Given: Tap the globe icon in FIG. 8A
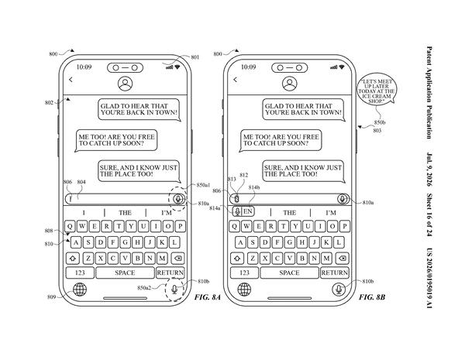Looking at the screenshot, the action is pyautogui.click(x=80, y=290).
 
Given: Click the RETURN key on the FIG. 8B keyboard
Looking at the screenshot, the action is pyautogui.click(x=334, y=273).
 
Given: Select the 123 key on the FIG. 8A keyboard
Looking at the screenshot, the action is pyautogui.click(x=80, y=273).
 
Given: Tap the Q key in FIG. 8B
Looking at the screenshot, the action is pyautogui.click(x=234, y=226).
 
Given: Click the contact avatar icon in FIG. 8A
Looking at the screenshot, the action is pyautogui.click(x=125, y=84).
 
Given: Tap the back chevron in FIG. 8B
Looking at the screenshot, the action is pyautogui.click(x=235, y=80).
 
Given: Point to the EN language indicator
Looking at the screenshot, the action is pyautogui.click(x=248, y=211).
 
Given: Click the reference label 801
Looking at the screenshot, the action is pyautogui.click(x=195, y=57).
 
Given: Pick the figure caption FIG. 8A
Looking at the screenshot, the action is pyautogui.click(x=208, y=297).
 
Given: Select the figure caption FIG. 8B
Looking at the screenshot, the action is pyautogui.click(x=372, y=297).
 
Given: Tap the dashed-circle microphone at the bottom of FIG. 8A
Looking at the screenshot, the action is pyautogui.click(x=174, y=290).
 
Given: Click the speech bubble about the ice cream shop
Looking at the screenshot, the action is pyautogui.click(x=377, y=91).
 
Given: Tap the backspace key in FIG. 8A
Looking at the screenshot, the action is pyautogui.click(x=178, y=259).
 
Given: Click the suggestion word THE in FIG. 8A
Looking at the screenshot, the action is pyautogui.click(x=125, y=213).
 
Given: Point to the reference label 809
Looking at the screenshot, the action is pyautogui.click(x=52, y=297).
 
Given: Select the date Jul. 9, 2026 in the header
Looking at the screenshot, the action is pyautogui.click(x=429, y=170).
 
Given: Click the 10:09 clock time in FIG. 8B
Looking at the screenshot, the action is pyautogui.click(x=249, y=67).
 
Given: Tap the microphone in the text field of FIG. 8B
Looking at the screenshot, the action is pyautogui.click(x=343, y=199).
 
